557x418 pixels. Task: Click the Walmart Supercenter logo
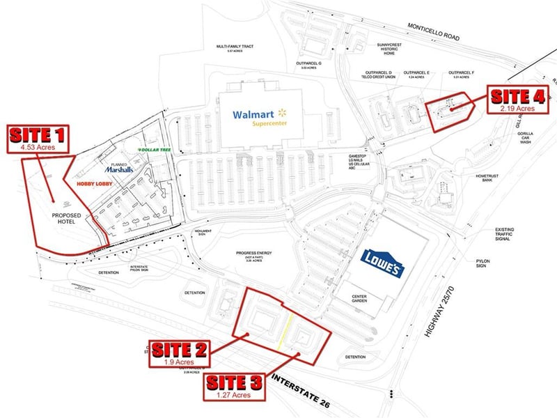[259, 116]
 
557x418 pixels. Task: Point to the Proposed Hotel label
[67, 219]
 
